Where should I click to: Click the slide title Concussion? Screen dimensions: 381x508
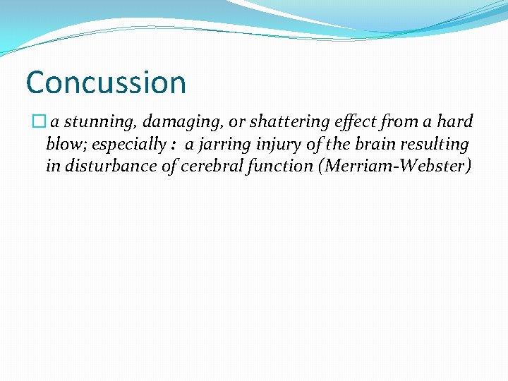[x=106, y=83]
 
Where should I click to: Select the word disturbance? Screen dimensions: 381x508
[x=107, y=167]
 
